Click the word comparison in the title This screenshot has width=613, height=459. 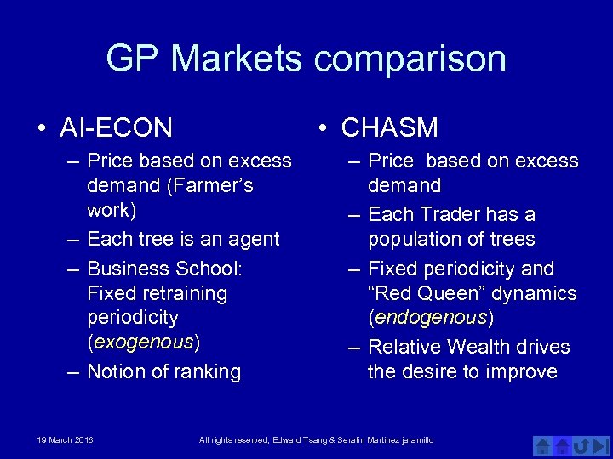coord(410,59)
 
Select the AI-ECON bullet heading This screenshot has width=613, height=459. coord(117,128)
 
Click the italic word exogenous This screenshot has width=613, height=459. coord(143,343)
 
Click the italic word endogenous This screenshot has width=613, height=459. coord(430,318)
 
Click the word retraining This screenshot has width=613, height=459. coord(185,294)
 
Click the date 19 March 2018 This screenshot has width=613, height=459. coord(65,439)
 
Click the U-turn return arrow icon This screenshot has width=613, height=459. coord(581,446)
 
